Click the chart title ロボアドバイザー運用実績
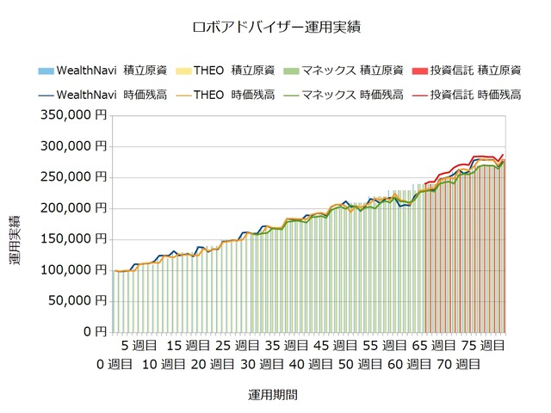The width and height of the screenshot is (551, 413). pyautogui.click(x=275, y=27)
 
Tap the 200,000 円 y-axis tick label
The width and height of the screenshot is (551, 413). pyautogui.click(x=73, y=207)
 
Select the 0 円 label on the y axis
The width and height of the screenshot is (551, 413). pyautogui.click(x=96, y=331)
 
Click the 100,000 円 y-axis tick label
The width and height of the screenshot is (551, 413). pyautogui.click(x=73, y=269)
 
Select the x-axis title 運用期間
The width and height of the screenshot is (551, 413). pyautogui.click(x=275, y=395)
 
